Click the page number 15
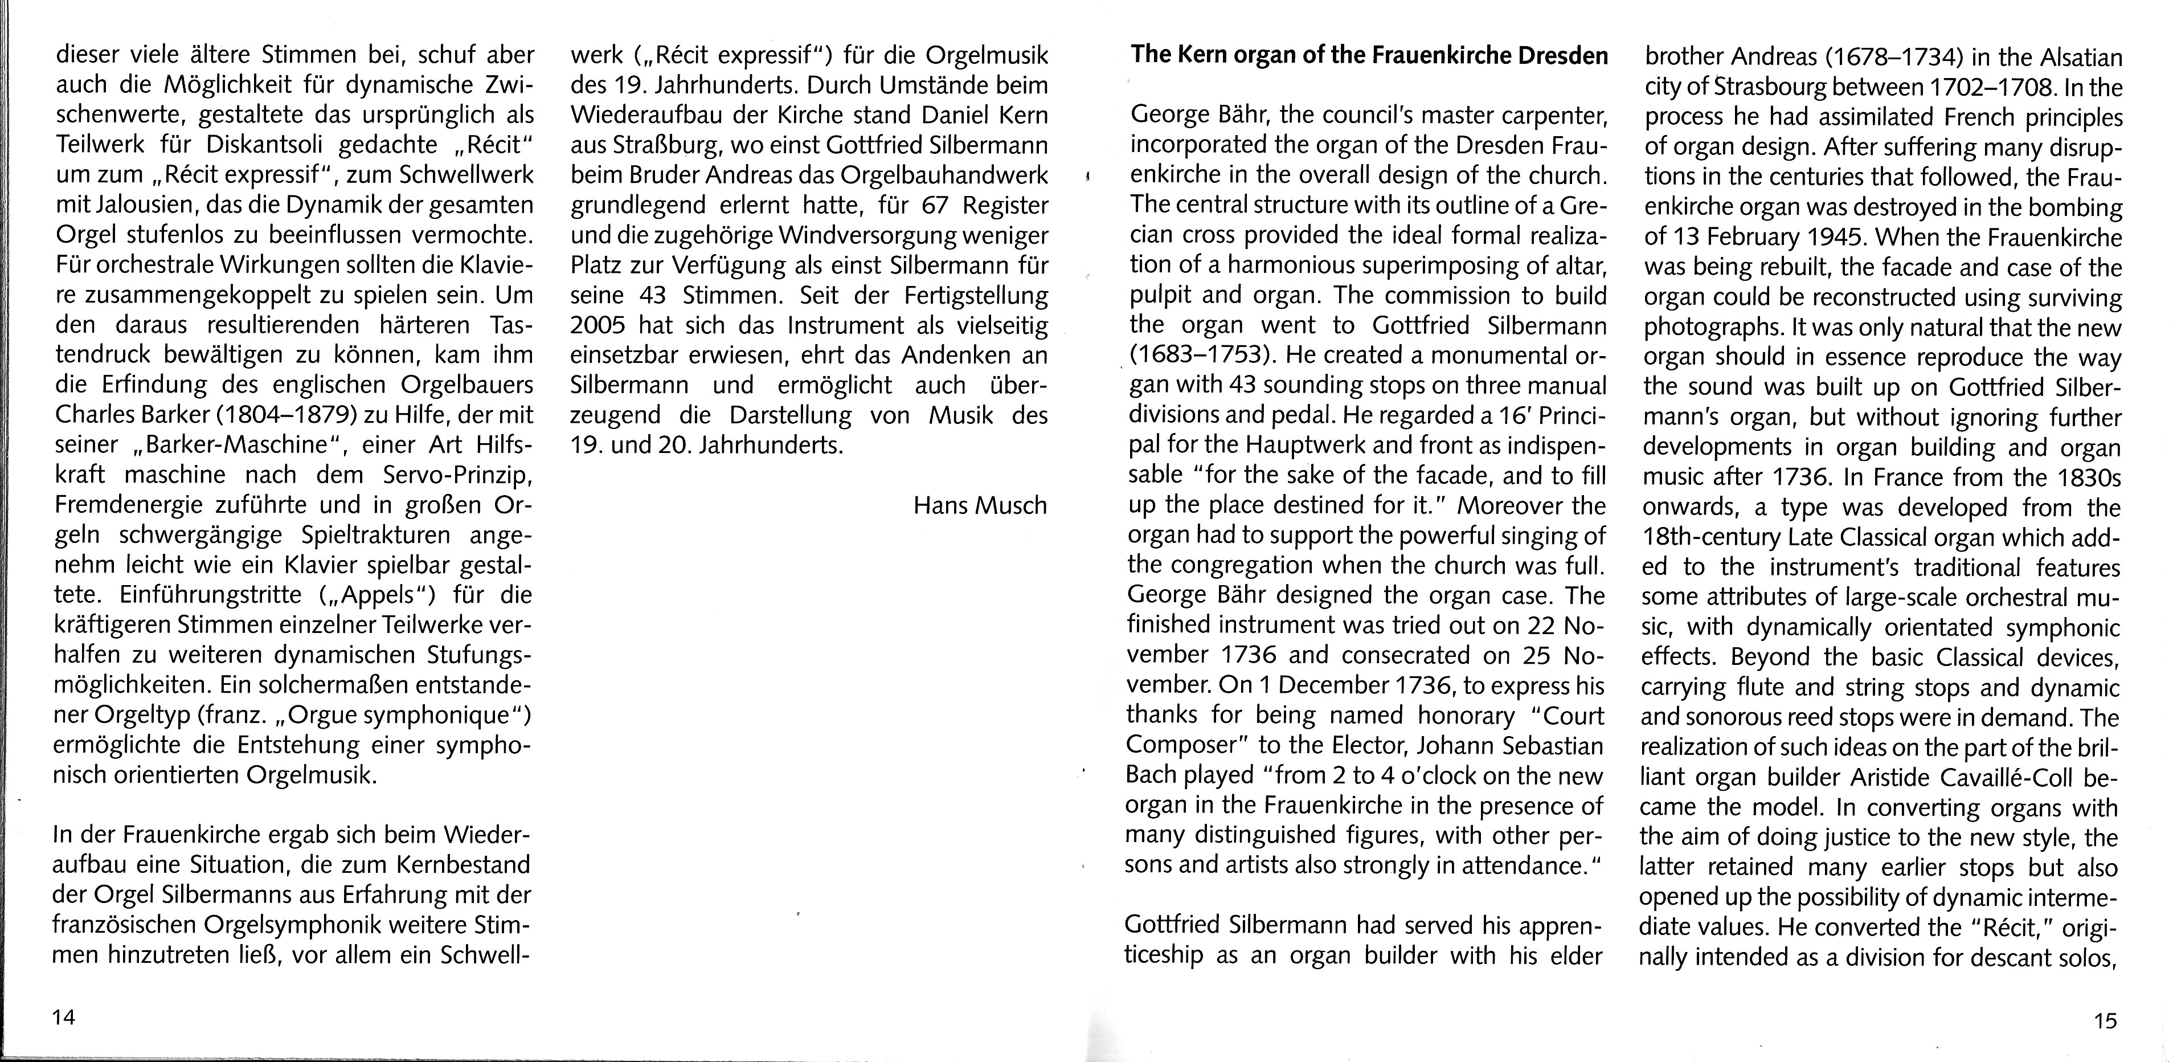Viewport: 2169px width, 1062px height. [x=2104, y=1021]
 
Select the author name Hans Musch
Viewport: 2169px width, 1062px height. [x=980, y=505]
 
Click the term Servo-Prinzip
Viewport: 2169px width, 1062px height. [x=457, y=475]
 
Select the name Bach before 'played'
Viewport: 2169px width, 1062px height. [x=1153, y=775]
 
